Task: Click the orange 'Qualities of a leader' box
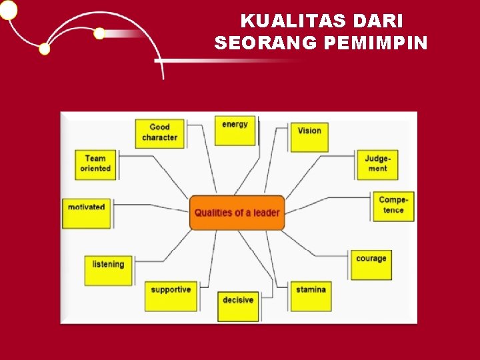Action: point(237,213)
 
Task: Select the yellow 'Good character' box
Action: point(159,133)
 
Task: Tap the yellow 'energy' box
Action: point(235,129)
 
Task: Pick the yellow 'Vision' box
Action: point(309,136)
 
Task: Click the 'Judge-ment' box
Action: point(377,164)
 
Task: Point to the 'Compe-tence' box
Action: point(393,205)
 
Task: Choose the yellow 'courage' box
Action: point(371,264)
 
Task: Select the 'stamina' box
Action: point(311,295)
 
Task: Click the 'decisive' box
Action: point(238,305)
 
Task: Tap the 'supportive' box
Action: point(171,295)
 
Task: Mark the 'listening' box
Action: point(108,269)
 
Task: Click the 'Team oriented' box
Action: point(95,164)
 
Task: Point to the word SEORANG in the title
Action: point(267,43)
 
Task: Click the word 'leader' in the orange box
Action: point(266,213)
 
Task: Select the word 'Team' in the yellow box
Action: point(95,159)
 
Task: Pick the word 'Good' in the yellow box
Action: point(159,127)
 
